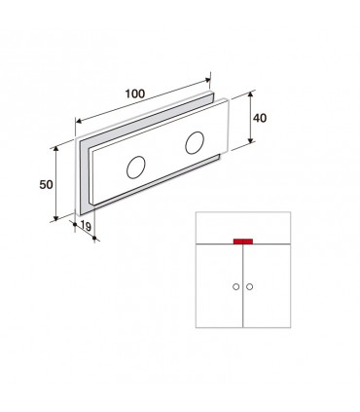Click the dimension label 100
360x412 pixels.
pos(135,94)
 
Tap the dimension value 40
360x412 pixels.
pos(260,118)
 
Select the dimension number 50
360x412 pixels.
pos(46,185)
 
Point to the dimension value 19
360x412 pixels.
pos(86,226)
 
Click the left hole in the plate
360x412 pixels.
pos(136,168)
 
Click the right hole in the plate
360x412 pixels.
pos(195,143)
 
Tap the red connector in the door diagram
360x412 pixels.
pos(243,241)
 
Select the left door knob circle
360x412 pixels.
pos(236,286)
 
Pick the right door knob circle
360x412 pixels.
pos(249,286)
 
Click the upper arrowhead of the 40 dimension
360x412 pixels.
pos(250,94)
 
